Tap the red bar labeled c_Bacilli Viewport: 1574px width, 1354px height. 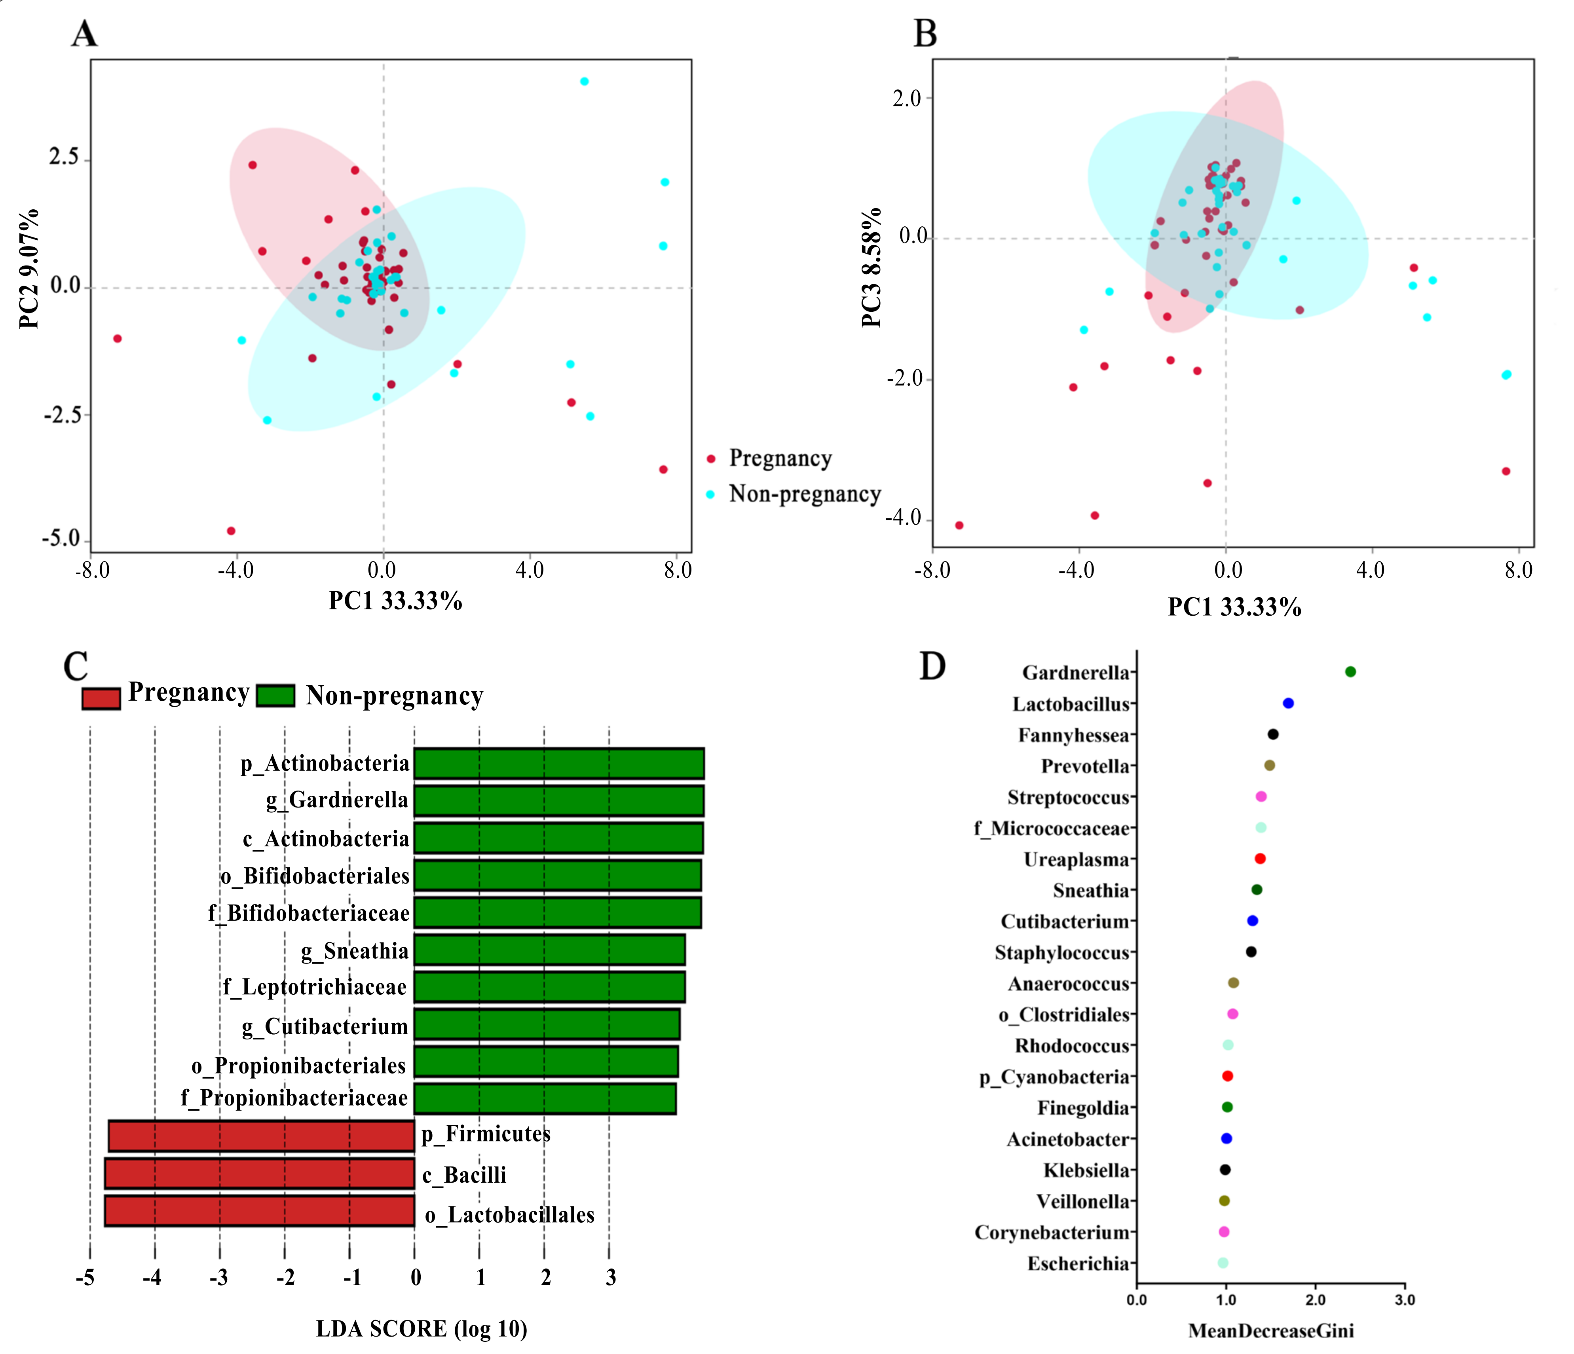coord(259,1173)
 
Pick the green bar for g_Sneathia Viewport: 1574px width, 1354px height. coord(549,950)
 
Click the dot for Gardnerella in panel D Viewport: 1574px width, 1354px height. coord(1350,671)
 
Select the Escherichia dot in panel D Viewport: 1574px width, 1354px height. coord(1222,1263)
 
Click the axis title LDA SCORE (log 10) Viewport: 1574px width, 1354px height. coord(422,1328)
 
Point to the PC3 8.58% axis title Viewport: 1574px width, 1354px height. coord(872,267)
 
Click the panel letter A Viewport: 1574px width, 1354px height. coord(84,34)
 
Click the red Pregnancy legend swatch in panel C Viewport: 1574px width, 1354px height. coord(101,698)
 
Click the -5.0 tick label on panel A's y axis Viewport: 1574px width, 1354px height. coord(61,539)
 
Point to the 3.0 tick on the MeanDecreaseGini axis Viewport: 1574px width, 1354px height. coord(1405,1299)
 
